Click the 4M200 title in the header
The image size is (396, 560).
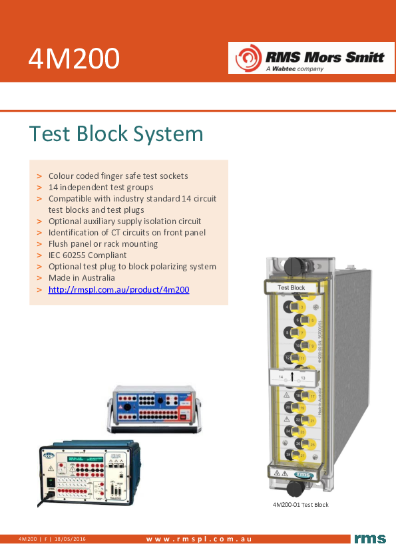74,59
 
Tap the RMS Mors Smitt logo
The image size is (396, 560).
307,58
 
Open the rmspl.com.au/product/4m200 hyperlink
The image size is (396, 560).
118,289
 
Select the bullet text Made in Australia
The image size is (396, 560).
81,277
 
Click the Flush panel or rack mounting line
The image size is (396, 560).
102,243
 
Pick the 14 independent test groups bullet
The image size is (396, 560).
100,188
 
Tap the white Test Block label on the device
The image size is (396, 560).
292,287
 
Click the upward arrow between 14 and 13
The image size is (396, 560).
292,377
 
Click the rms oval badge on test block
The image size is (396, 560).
303,474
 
